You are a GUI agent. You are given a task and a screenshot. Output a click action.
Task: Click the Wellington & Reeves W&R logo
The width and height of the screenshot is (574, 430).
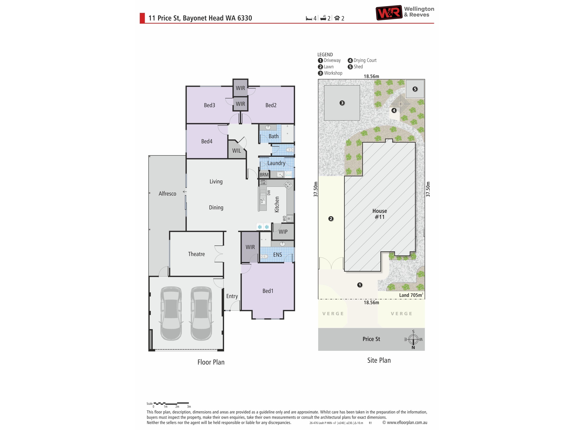(389, 12)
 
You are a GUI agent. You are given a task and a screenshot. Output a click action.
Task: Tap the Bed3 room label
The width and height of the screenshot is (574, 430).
(209, 105)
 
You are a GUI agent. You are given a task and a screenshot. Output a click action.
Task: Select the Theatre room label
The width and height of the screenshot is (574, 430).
(196, 254)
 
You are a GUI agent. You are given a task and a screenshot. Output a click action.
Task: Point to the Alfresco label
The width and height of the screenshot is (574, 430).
(167, 194)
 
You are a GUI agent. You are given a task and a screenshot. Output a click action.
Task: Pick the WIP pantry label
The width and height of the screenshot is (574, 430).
(283, 232)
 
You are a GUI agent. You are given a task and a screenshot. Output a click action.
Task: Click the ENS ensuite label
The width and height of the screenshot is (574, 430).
(277, 255)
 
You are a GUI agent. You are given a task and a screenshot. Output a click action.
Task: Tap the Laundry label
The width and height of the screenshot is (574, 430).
(276, 163)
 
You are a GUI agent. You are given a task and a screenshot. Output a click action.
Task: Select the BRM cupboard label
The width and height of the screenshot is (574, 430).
(264, 175)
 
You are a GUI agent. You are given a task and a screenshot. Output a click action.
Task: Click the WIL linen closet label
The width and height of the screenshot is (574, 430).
(236, 151)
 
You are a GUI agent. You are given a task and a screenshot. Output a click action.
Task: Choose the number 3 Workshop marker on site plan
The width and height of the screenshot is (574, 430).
(342, 103)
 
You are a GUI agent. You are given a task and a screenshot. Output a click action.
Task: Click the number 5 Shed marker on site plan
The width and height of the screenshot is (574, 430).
(415, 89)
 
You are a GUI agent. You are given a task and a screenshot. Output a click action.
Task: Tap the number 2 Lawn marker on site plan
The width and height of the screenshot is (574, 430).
(331, 219)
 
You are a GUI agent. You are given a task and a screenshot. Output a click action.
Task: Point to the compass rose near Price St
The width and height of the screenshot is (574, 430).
(413, 339)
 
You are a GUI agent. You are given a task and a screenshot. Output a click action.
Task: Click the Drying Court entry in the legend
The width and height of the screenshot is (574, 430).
(362, 60)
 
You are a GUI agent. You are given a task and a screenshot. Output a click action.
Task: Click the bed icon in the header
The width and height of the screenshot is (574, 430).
(309, 18)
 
